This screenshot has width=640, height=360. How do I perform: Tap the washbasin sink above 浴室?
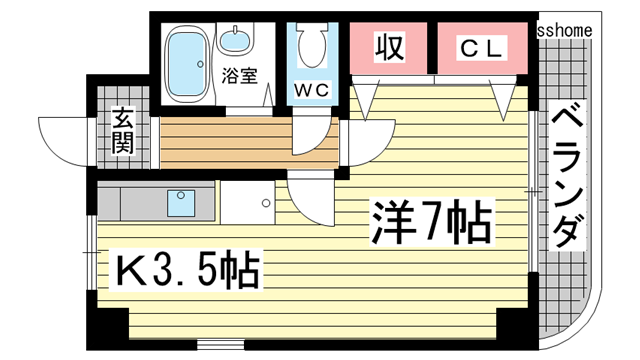click(236, 42)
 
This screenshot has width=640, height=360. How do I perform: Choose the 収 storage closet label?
click(389, 47)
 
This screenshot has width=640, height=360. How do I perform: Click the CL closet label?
click(484, 47)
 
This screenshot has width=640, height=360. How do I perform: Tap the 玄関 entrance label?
click(123, 130)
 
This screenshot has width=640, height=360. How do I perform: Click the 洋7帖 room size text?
click(432, 224)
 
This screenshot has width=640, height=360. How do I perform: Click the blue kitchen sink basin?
click(181, 204)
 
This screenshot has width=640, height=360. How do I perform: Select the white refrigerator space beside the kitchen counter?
click(246, 203)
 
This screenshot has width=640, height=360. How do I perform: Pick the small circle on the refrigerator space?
click(265, 203)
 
